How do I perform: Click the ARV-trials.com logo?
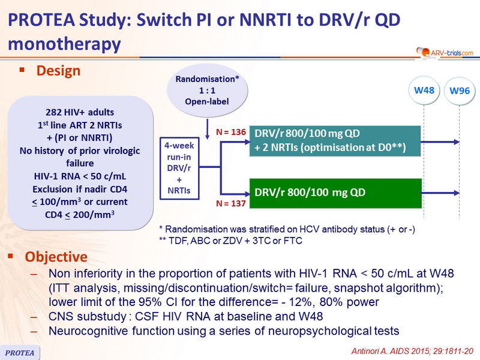click(x=445, y=53)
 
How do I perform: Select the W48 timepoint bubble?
click(x=424, y=91)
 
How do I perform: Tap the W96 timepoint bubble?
click(x=460, y=91)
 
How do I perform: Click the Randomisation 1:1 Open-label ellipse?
click(x=207, y=91)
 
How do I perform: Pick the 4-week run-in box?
click(x=179, y=168)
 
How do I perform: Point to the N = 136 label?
click(x=231, y=132)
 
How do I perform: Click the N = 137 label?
click(x=231, y=203)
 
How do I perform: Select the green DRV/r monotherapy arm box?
click(x=335, y=193)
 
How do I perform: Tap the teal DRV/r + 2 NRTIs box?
click(x=335, y=141)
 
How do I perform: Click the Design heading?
click(x=58, y=71)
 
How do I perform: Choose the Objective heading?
click(x=56, y=257)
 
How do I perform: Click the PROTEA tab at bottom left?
click(x=20, y=352)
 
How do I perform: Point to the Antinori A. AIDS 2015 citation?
click(x=412, y=351)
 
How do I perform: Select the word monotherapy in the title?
click(x=64, y=44)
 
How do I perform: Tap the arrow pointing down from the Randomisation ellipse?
click(x=207, y=129)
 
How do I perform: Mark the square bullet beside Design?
click(x=22, y=70)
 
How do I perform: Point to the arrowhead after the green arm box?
click(x=457, y=193)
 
